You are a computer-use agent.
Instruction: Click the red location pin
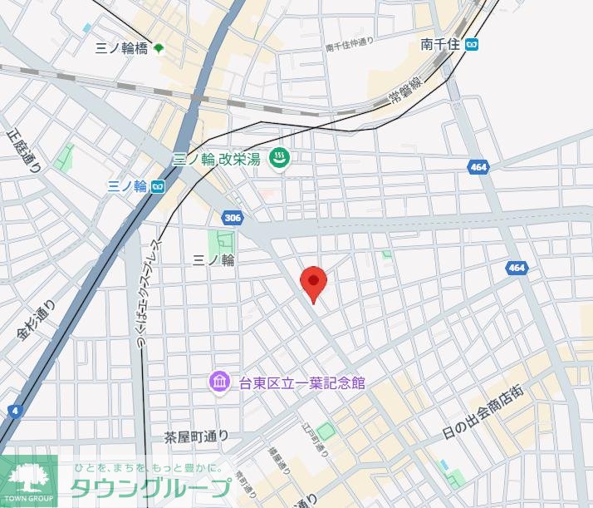[313, 283]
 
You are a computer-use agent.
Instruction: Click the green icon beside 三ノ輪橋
[159, 49]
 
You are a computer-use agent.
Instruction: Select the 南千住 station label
[439, 44]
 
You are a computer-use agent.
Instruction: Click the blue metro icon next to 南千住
[472, 45]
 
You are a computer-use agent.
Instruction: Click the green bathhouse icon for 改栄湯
[281, 158]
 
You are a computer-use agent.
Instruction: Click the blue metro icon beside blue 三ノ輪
[157, 186]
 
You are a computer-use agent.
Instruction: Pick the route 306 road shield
[233, 218]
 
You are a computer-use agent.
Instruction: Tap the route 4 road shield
[15, 411]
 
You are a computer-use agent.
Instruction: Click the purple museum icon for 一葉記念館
[219, 382]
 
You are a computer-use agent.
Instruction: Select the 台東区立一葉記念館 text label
[301, 383]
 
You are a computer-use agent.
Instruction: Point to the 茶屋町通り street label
[195, 436]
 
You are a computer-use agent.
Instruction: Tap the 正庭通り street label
[22, 150]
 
